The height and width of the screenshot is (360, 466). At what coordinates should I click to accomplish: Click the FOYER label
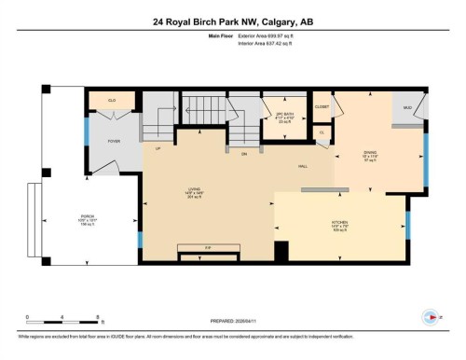pyautogui.click(x=115, y=141)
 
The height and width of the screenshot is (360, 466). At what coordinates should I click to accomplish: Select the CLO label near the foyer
pyautogui.click(x=112, y=99)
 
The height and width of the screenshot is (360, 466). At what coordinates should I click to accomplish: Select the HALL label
pyautogui.click(x=303, y=166)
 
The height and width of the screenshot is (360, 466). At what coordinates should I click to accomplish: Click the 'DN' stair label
pyautogui.click(x=244, y=154)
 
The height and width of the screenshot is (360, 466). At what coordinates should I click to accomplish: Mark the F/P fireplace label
pyautogui.click(x=209, y=246)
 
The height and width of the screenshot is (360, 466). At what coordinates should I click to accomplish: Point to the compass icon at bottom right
pyautogui.click(x=431, y=315)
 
